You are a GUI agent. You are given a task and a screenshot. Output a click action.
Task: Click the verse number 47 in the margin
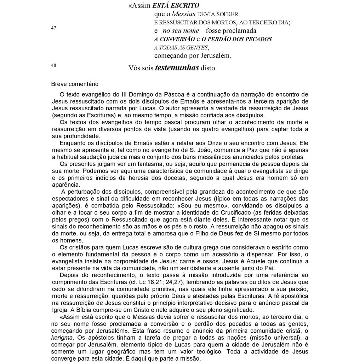coord(53,29)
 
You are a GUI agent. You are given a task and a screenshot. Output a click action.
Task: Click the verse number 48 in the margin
coord(53,65)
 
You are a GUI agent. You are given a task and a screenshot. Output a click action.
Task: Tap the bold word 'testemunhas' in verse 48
coord(177,68)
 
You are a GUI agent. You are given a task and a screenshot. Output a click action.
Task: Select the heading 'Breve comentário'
coord(75,84)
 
